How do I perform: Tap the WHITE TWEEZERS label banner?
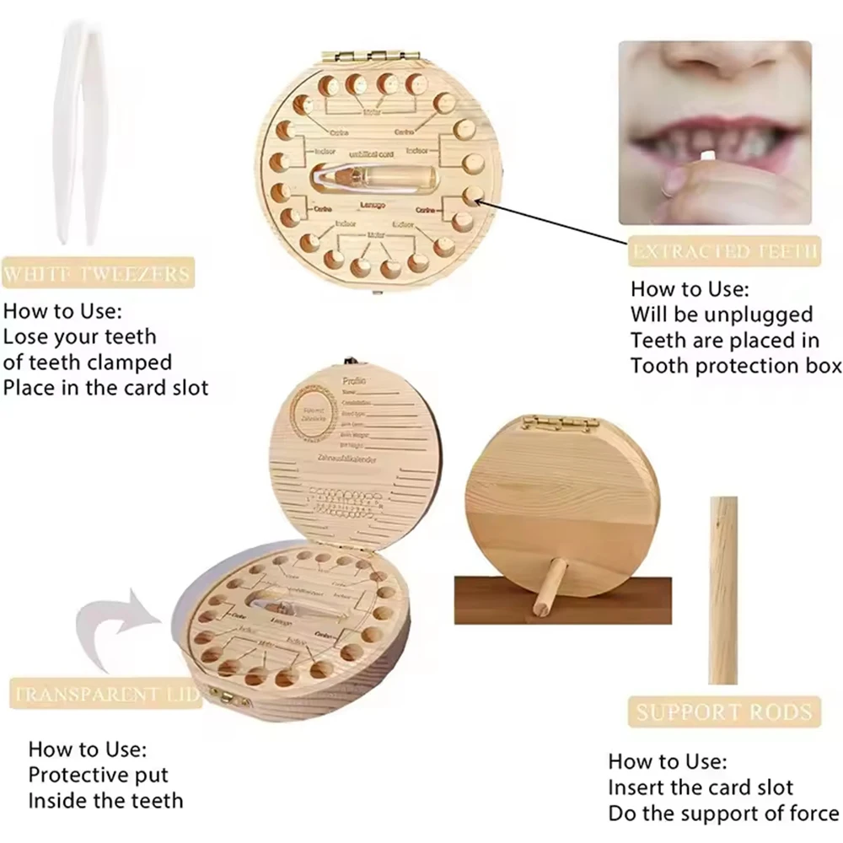[x=98, y=273]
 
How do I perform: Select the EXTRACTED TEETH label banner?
[x=723, y=250]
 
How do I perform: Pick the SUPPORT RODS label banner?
[x=724, y=711]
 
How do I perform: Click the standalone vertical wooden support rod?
[x=723, y=590]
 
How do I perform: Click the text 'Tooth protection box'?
[x=735, y=365]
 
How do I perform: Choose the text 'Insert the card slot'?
[x=701, y=787]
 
